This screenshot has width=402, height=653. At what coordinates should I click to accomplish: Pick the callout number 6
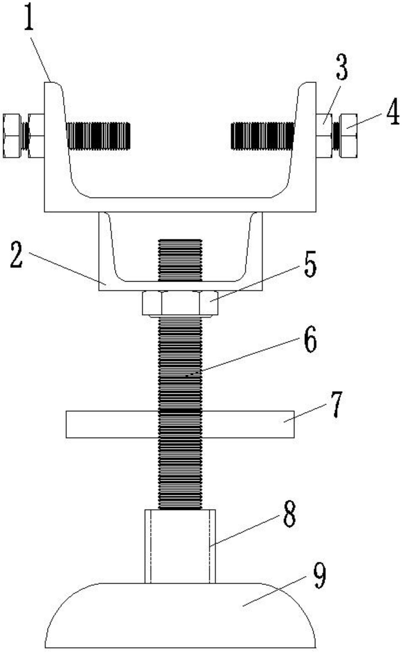click(x=311, y=339)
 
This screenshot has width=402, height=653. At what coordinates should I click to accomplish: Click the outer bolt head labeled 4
click(x=348, y=135)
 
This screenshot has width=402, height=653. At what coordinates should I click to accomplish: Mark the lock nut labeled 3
click(x=324, y=135)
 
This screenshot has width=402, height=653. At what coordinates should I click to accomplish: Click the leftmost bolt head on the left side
click(x=12, y=135)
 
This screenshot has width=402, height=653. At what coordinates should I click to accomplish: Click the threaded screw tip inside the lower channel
click(x=180, y=260)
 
